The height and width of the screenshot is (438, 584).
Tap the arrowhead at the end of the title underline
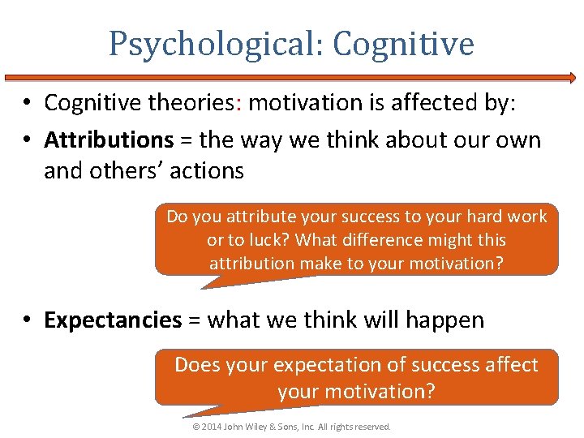coord(571,78)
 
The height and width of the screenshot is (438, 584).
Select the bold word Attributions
coord(109,140)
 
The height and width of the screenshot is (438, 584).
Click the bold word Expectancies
coord(113,320)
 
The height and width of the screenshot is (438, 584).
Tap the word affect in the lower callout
coord(510,365)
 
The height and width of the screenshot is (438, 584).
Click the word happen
coord(445,320)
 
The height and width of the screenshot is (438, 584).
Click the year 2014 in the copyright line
coord(210,427)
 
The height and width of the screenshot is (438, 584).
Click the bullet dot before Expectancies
coord(28,320)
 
